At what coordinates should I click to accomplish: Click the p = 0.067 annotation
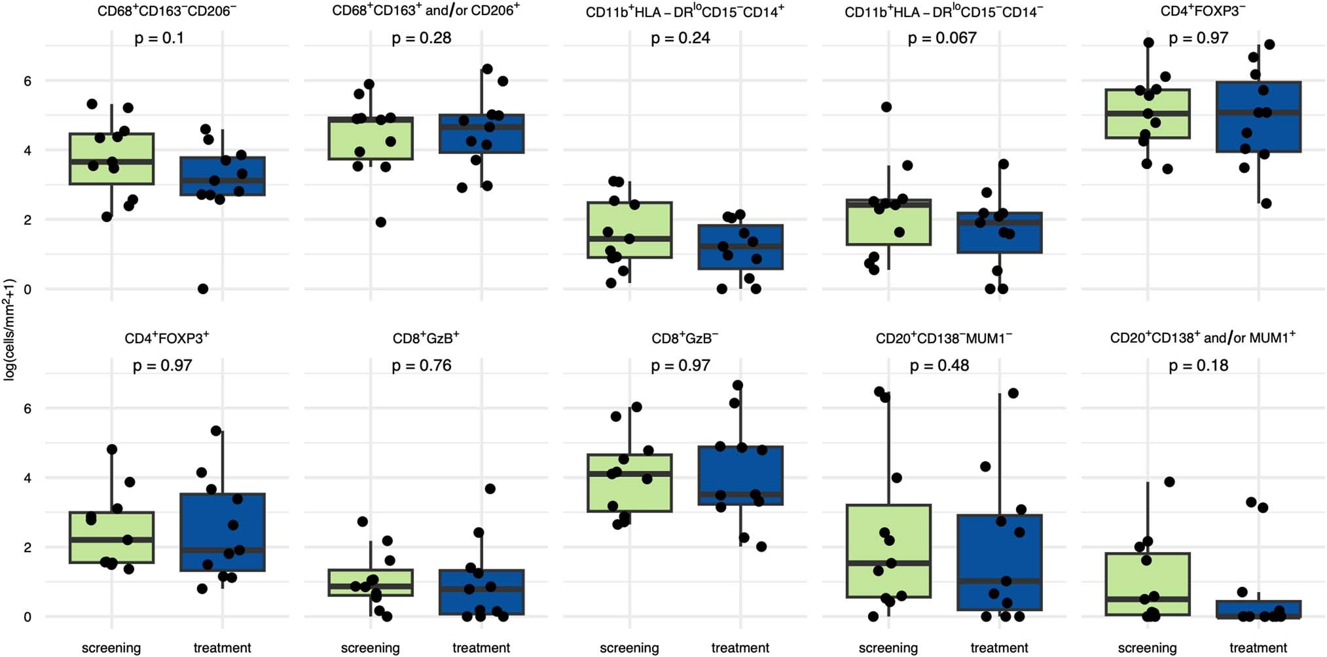coord(941,38)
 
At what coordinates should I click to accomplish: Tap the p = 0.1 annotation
coord(159,38)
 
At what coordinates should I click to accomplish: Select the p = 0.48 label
coord(939,366)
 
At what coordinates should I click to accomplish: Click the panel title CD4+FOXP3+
coord(167,338)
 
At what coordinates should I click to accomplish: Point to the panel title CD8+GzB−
coord(685,338)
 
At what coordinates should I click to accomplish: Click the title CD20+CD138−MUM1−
coord(943,338)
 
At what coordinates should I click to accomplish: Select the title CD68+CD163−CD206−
coord(167,11)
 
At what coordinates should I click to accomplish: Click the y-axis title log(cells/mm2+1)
coord(9,329)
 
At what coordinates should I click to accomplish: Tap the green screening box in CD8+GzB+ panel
coord(371,582)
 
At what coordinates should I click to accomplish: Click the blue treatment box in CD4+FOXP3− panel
coord(1258,117)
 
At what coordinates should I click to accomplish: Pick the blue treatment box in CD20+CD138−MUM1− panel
coord(1000,562)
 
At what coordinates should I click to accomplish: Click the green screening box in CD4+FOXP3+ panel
coord(111,537)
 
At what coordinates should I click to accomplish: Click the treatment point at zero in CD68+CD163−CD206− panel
coord(203,289)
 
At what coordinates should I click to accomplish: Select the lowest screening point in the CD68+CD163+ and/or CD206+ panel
coord(380,222)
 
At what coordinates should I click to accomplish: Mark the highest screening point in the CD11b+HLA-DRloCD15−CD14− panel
coord(886,107)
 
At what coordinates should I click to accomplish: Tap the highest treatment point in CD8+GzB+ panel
coord(490,489)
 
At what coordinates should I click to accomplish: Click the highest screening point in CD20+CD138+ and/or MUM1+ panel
coord(1169,482)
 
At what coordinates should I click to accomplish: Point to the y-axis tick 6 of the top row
coord(27,81)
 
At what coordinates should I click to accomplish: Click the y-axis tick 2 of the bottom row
coord(27,548)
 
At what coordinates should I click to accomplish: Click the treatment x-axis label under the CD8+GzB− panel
coord(740,648)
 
